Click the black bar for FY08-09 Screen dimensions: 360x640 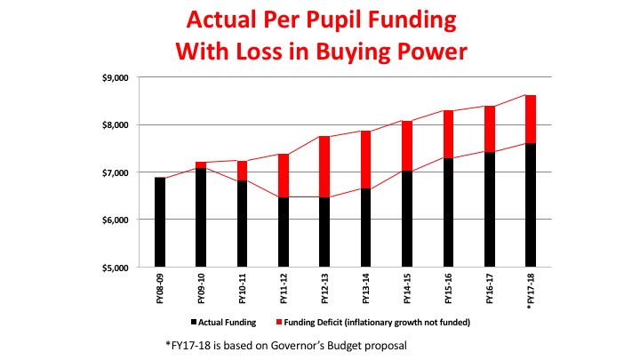pos(160,222)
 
